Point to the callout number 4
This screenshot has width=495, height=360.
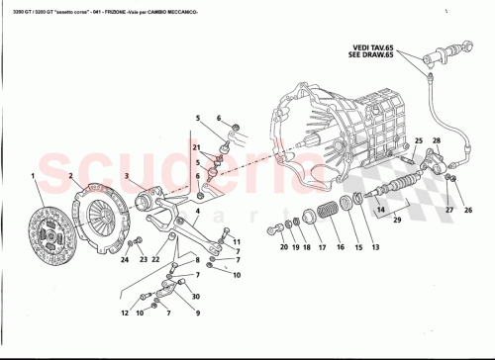point(197,210)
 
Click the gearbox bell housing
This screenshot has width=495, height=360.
point(317,129)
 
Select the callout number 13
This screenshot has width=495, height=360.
point(375,247)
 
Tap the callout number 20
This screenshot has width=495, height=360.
point(283,248)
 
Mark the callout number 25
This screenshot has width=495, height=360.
point(418,140)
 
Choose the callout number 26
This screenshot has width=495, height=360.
point(469,209)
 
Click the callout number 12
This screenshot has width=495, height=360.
point(125,313)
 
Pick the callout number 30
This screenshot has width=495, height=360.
point(195,297)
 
